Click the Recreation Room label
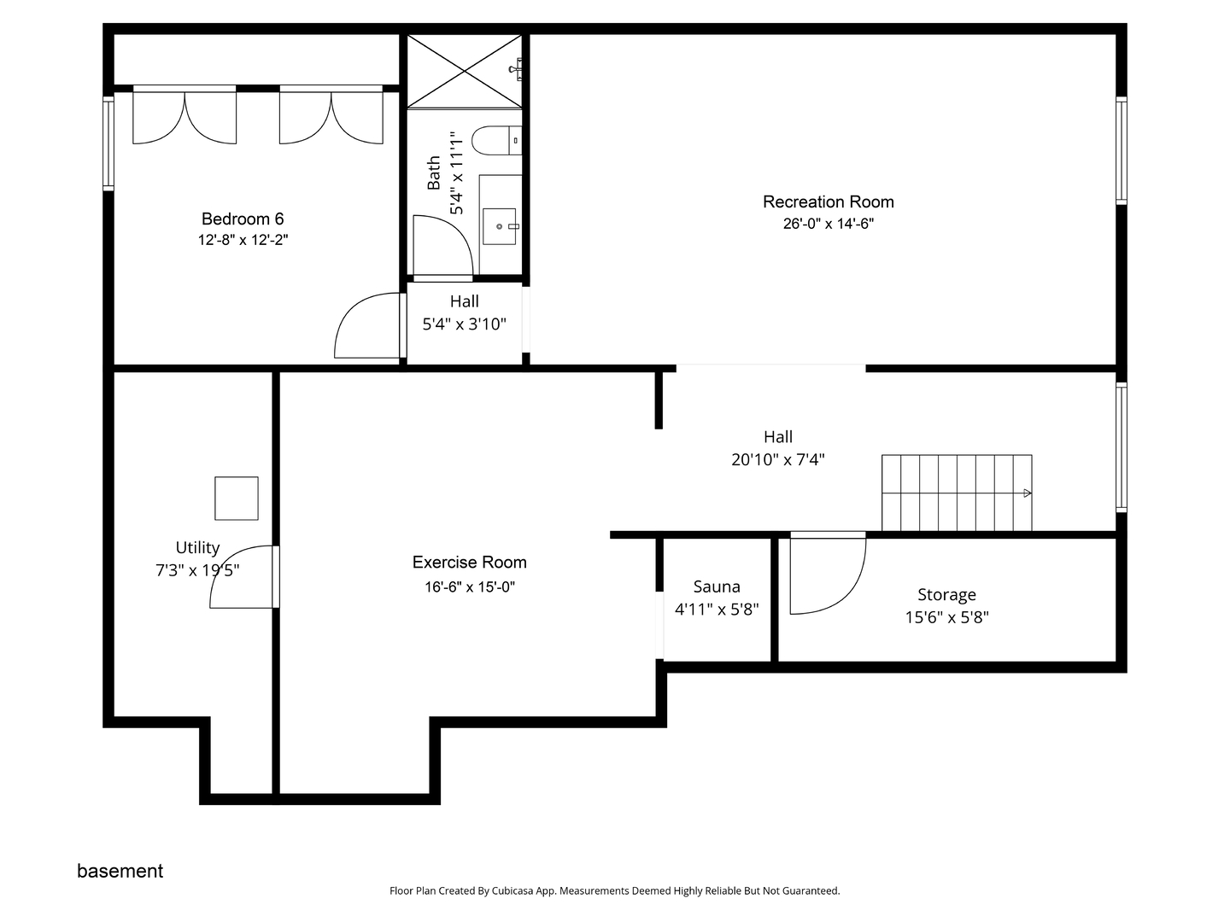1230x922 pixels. pos(828,201)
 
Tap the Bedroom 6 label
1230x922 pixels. pos(243,219)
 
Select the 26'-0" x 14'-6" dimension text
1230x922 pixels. pos(829,224)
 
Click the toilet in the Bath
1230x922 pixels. pos(496,140)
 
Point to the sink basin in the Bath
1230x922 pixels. pos(500,226)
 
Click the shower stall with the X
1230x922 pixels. pos(465,71)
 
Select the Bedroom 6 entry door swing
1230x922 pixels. pos(367,325)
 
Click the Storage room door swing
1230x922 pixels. pos(828,575)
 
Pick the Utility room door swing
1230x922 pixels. pos(242,576)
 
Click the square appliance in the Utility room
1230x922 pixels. pos(237,499)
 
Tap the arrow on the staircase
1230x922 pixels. pos(1028,493)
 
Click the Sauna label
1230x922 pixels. pos(717,586)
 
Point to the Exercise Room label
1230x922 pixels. pos(470,562)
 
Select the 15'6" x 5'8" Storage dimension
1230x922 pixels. pos(947,617)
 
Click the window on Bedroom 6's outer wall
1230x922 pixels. pos(108,143)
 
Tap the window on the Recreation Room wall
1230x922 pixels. pos(1122,150)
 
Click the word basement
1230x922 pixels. pos(120,871)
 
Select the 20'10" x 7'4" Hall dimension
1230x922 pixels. pos(778,460)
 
